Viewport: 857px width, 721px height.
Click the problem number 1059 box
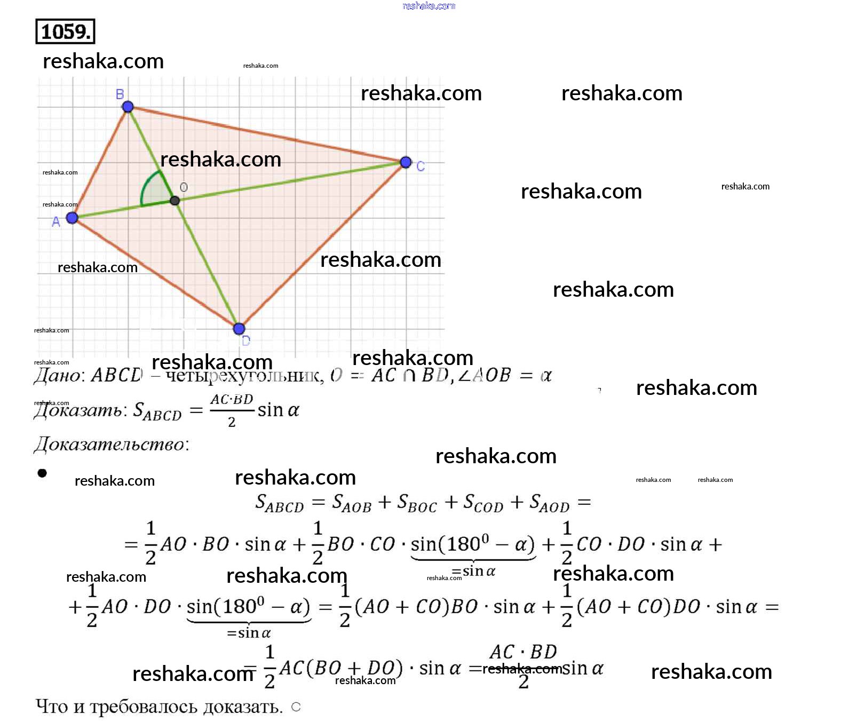tap(65, 31)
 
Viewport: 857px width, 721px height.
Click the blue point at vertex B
tap(128, 107)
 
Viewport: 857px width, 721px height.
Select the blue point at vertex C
tap(406, 162)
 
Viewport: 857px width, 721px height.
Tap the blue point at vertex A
tap(72, 218)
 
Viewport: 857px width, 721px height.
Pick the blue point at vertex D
tap(239, 328)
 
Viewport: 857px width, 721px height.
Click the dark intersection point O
tap(174, 201)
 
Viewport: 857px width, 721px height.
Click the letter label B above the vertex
tap(120, 94)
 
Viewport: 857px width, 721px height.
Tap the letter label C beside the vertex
tap(420, 167)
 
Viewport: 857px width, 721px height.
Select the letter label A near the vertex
tap(56, 222)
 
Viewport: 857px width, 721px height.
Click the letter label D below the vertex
tap(246, 341)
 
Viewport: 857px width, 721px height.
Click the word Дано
tap(58, 376)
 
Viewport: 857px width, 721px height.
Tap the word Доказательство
tap(109, 444)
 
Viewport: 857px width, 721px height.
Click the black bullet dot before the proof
tap(42, 473)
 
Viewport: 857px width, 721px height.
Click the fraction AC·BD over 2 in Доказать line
tap(232, 410)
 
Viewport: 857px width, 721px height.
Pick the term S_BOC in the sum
tap(417, 503)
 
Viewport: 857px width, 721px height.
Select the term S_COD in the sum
tap(483, 503)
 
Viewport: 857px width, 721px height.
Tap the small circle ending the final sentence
tap(296, 707)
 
